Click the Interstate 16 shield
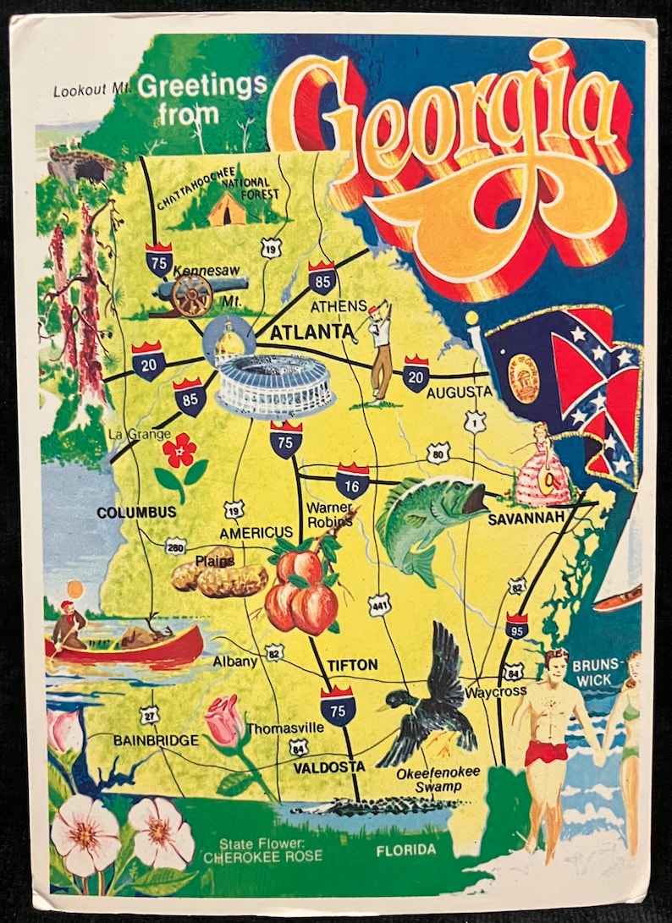(352, 481)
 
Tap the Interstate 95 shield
(517, 624)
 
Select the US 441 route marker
(378, 604)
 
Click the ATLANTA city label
(311, 332)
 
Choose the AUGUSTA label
(458, 393)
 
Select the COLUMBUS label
(136, 513)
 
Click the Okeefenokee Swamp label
(431, 779)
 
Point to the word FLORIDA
(406, 849)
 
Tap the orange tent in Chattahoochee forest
(226, 210)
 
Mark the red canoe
(127, 648)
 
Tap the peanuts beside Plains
(218, 579)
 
